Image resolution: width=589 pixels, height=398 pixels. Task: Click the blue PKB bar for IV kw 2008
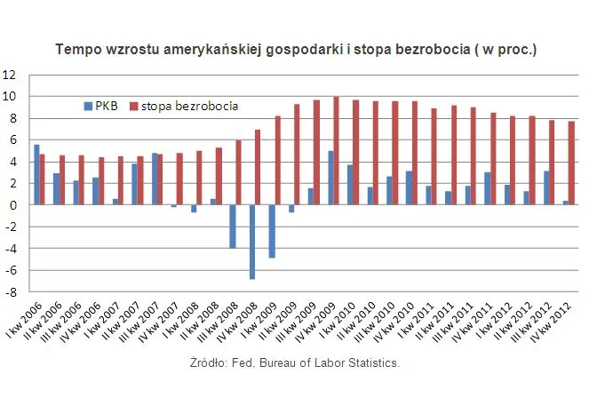click(252, 242)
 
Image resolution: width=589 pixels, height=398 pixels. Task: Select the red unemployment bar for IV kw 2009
click(336, 151)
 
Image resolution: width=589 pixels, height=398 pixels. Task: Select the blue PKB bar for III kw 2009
click(311, 196)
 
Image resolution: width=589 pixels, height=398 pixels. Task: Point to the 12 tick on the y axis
click(11, 75)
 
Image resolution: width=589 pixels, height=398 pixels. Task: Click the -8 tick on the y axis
click(11, 291)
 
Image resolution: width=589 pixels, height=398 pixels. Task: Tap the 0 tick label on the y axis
click(13, 205)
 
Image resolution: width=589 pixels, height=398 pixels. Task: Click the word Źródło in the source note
click(209, 363)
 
